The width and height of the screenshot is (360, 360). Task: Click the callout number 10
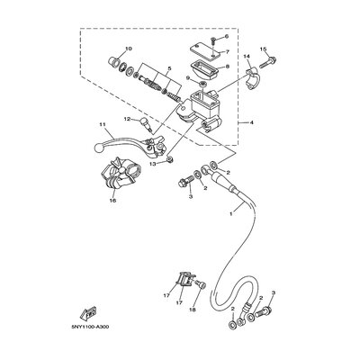[129, 49]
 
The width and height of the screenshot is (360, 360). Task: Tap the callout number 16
[113, 200]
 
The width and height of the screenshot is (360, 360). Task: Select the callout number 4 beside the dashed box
[251, 122]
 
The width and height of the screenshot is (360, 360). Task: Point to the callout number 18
[193, 310]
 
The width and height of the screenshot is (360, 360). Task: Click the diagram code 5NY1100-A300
[90, 327]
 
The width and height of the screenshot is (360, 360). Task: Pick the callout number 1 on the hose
[231, 213]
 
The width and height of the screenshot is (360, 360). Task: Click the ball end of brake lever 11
[97, 147]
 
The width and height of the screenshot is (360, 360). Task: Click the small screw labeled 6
[212, 39]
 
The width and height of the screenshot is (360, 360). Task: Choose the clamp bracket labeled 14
[251, 78]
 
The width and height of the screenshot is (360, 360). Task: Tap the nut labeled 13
[170, 159]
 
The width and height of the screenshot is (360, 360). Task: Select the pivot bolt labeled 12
[147, 123]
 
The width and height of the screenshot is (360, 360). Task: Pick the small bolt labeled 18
[201, 283]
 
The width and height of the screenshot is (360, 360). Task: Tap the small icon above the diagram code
[88, 313]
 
